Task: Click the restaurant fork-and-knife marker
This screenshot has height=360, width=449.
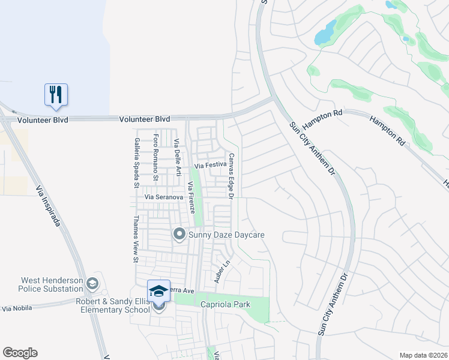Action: tap(56, 95)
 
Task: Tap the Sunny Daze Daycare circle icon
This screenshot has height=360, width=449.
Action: tap(179, 235)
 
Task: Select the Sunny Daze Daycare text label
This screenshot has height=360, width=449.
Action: tap(226, 235)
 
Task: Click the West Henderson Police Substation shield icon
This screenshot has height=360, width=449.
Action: tap(92, 283)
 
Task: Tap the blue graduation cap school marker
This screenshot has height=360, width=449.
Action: tap(158, 291)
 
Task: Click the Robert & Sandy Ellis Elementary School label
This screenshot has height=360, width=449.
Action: tap(112, 305)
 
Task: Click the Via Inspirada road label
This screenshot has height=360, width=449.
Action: tap(49, 205)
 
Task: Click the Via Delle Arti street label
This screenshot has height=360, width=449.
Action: tap(178, 157)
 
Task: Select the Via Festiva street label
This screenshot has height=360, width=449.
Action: tap(209, 164)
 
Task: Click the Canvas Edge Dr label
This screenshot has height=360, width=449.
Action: tap(230, 175)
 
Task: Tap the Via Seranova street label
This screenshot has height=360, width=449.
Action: tap(164, 197)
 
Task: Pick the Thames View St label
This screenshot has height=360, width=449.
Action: tap(137, 239)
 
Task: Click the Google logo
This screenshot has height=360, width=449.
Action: tap(20, 353)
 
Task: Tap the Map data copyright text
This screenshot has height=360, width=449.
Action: tap(423, 355)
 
